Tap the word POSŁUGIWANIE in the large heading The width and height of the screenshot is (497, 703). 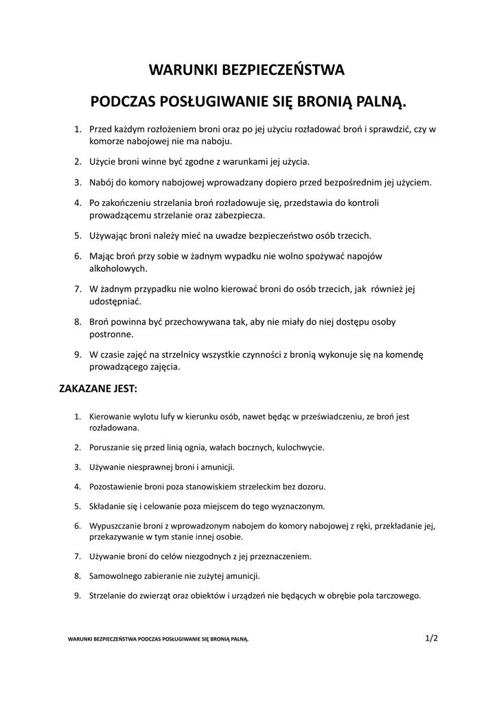click(214, 102)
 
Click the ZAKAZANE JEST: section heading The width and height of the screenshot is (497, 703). click(98, 389)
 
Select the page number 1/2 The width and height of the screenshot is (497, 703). click(431, 638)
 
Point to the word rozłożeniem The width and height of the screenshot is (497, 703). click(171, 128)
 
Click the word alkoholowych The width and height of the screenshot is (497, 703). click(119, 268)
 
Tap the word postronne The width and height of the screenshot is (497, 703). click(111, 334)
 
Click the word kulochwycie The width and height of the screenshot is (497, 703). click(300, 447)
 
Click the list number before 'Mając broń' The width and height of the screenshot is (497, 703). click(78, 256)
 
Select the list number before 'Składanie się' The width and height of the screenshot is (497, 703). click(78, 507)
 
